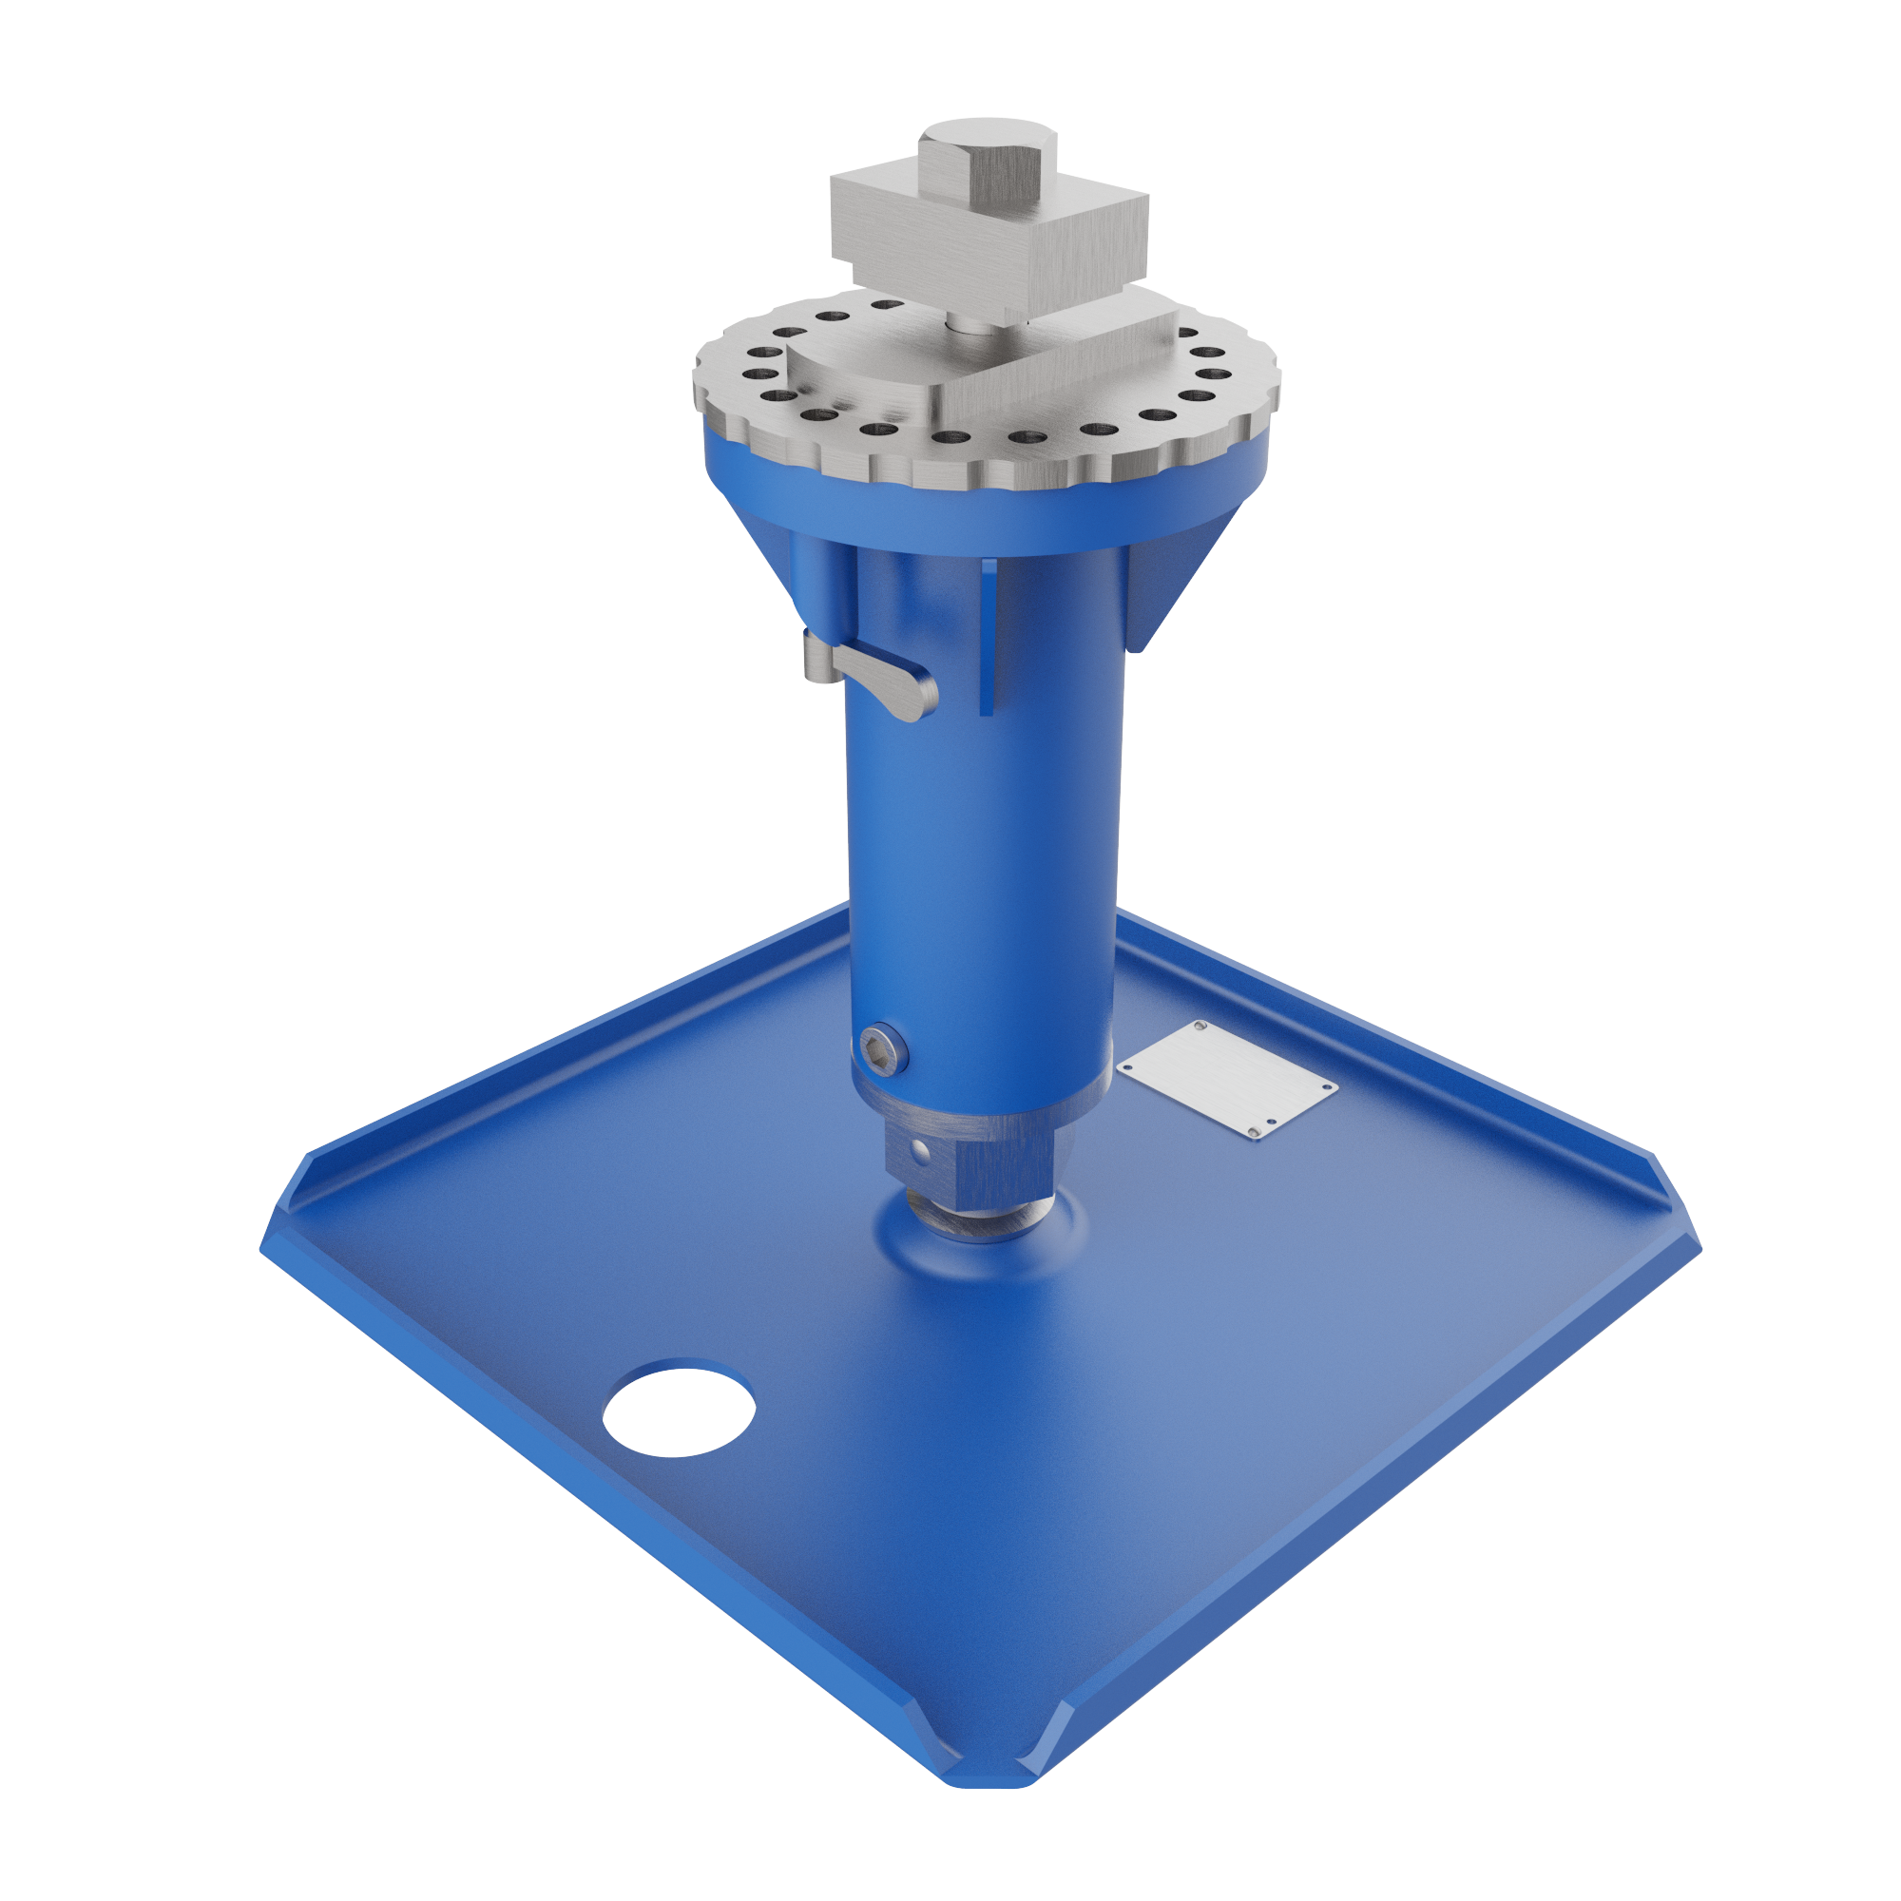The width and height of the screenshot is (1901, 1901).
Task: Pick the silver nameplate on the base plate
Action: click(x=1226, y=1081)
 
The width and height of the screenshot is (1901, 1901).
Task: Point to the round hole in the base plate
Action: click(x=678, y=1408)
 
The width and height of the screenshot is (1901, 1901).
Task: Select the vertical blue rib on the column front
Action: click(x=987, y=640)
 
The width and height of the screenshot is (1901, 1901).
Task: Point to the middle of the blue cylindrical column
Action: click(x=984, y=836)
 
